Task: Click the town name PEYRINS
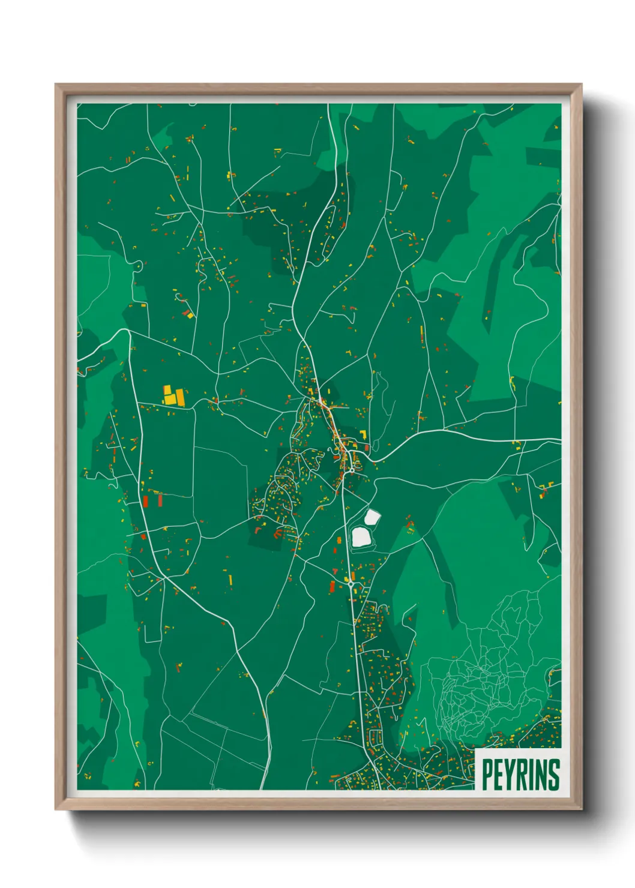click(x=520, y=775)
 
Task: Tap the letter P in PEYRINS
click(x=487, y=775)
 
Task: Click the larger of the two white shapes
click(x=361, y=536)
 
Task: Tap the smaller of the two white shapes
click(x=372, y=516)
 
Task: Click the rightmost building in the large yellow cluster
click(x=179, y=395)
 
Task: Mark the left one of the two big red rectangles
click(x=145, y=500)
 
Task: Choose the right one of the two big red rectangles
click(x=160, y=499)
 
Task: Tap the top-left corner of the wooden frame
click(x=58, y=86)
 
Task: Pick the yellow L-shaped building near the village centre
click(x=363, y=434)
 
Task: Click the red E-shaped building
click(x=544, y=490)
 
